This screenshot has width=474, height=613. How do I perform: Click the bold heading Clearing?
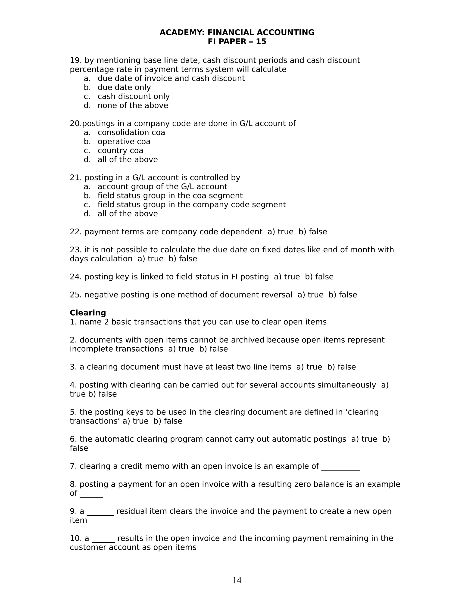(88, 313)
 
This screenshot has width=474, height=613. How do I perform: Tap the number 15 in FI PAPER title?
(261, 42)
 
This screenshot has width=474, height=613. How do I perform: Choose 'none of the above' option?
(133, 105)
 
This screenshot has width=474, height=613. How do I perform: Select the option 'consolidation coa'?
(131, 133)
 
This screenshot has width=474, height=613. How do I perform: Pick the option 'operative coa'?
(124, 142)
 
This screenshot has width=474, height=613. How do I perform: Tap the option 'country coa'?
(120, 150)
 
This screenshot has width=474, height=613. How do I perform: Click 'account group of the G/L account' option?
(162, 186)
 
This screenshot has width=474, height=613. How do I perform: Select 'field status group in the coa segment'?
(170, 196)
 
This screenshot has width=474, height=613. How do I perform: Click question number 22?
(75, 232)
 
